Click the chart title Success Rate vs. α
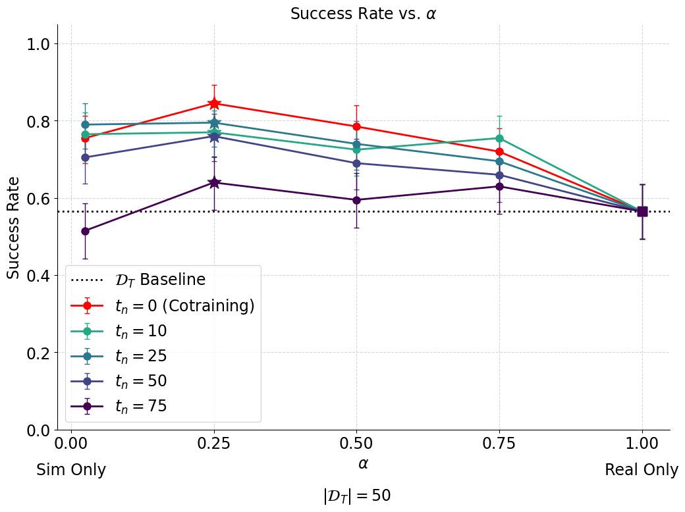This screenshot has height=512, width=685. coord(363,14)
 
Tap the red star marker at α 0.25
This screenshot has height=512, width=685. coord(214,103)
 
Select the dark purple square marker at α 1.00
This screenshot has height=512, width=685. coord(642,211)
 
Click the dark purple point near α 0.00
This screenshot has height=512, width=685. coord(85,231)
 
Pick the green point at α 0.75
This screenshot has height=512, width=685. coord(499,138)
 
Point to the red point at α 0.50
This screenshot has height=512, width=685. coord(356,126)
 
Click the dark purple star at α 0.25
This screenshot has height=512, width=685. coord(214,182)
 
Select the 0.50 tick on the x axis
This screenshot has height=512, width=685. coord(356,443)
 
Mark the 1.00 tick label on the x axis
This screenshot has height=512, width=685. coord(642,443)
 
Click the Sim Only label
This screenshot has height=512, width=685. coord(71,470)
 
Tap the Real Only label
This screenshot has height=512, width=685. coord(642,470)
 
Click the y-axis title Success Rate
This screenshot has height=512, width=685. coord(14,227)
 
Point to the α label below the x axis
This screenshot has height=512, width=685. coord(363,463)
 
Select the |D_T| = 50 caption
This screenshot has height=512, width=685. coord(357,496)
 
